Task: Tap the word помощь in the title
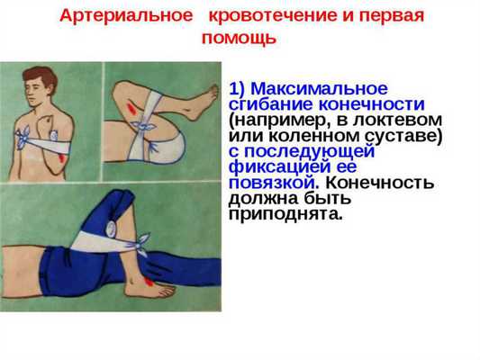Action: click(x=240, y=39)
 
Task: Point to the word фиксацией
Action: click(x=271, y=166)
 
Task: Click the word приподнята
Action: click(x=285, y=215)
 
